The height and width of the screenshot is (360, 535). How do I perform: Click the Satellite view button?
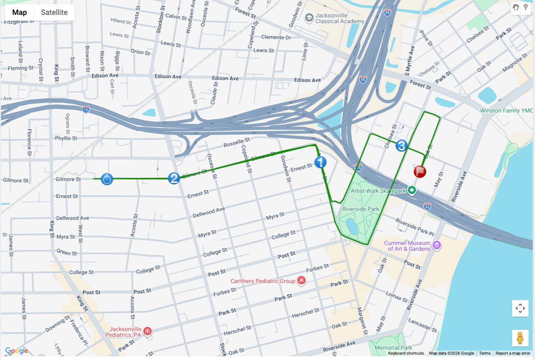tap(54, 12)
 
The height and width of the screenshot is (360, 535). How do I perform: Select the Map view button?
tap(19, 12)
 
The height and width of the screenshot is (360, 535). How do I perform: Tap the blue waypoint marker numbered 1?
tap(320, 162)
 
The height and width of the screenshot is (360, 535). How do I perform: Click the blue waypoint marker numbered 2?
tap(174, 178)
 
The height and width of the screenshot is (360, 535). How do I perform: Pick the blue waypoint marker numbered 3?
tap(401, 146)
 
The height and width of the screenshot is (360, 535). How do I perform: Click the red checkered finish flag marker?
tap(420, 171)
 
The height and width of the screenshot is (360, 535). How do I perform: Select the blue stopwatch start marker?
tap(107, 179)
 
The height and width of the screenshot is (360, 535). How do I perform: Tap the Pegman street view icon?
tap(520, 338)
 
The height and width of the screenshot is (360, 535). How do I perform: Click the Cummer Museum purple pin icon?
tap(437, 245)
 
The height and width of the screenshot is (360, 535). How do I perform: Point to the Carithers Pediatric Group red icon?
tap(302, 281)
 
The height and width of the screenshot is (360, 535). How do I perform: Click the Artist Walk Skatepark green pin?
tap(412, 190)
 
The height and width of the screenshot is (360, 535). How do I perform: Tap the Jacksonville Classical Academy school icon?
tap(309, 18)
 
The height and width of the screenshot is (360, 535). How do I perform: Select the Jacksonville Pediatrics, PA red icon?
tap(147, 331)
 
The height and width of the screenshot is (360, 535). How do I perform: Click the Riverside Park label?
tap(361, 209)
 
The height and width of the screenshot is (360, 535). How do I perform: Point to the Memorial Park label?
tap(393, 348)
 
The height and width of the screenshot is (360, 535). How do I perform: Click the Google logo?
tap(17, 351)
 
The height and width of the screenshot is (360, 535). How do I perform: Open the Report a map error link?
tap(513, 353)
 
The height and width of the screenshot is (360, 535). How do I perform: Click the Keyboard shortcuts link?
tap(406, 353)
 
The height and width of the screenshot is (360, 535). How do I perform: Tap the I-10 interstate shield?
tap(86, 110)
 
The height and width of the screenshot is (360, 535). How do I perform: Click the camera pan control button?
tap(520, 308)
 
